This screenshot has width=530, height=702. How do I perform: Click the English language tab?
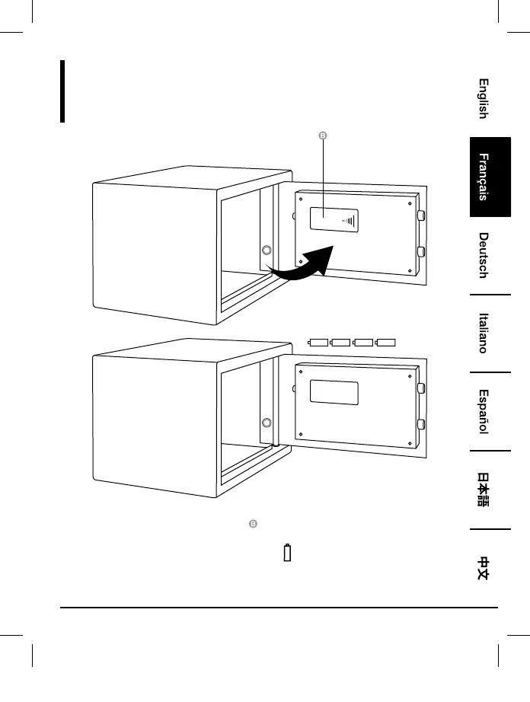click(x=483, y=99)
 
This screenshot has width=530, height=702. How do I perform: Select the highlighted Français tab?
click(x=483, y=177)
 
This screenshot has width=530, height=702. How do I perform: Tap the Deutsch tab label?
click(x=483, y=255)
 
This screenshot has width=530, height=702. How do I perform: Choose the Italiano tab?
click(x=483, y=333)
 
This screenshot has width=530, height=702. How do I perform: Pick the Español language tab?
click(x=483, y=412)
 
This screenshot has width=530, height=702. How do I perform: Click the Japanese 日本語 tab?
click(x=483, y=490)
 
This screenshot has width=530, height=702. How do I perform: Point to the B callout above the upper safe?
click(x=322, y=136)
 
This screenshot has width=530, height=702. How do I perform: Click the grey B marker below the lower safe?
click(x=253, y=525)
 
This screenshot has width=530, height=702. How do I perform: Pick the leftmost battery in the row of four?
click(x=318, y=343)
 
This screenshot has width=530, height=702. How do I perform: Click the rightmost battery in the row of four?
click(x=387, y=343)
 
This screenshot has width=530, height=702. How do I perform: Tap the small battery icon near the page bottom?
click(x=287, y=552)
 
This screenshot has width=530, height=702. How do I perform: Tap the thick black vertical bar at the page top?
click(x=62, y=91)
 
